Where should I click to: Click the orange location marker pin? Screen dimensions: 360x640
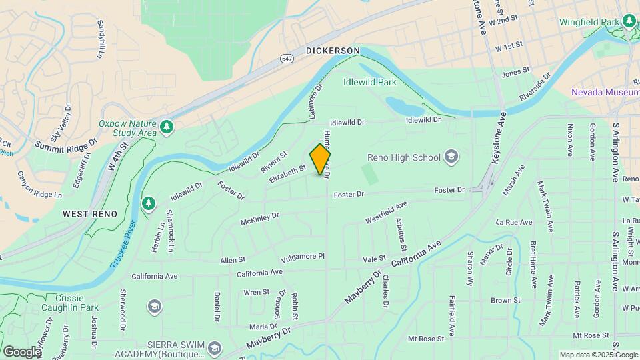click(x=321, y=159)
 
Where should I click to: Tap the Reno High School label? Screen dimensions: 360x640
click(x=404, y=157)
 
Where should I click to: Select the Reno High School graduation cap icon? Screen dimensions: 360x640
click(x=451, y=157)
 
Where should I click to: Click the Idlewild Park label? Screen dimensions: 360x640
click(x=369, y=82)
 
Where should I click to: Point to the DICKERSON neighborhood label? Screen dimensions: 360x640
click(x=333, y=51)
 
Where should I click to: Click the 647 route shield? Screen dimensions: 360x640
click(x=287, y=59)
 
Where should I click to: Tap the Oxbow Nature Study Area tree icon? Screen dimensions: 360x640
click(x=167, y=127)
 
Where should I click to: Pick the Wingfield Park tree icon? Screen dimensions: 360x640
click(x=629, y=21)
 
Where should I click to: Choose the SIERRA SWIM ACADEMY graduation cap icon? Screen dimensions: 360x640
click(x=215, y=349)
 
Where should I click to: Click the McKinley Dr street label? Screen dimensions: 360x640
click(x=259, y=216)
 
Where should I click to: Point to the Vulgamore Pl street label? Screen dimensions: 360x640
click(x=302, y=256)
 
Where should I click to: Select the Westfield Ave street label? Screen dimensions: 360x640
click(x=386, y=213)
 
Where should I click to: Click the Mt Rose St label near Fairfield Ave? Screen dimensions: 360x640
click(x=426, y=339)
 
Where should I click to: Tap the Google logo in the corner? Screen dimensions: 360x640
click(x=22, y=351)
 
